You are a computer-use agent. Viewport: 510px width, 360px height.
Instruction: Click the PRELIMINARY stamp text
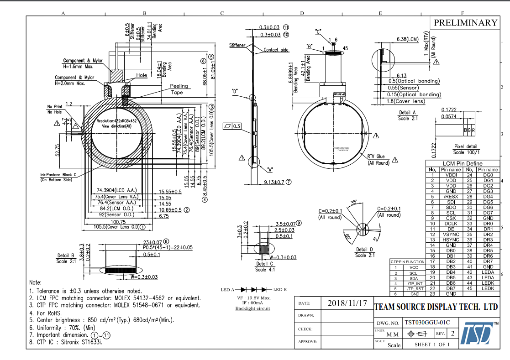[465, 23]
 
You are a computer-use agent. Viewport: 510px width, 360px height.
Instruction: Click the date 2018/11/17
[347, 303]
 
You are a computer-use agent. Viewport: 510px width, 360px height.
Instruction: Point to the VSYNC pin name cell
[451, 234]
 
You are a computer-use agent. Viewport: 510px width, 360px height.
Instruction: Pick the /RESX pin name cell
[451, 197]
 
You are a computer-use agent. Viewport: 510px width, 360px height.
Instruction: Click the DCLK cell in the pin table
[451, 223]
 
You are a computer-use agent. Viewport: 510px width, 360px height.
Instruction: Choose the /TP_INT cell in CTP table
[413, 283]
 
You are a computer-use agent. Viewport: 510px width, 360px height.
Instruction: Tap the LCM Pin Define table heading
[463, 163]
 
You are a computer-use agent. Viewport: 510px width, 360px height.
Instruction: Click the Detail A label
[407, 112]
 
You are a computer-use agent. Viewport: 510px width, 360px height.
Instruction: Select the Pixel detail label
[465, 146]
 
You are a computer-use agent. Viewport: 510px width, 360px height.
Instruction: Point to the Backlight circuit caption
[252, 308]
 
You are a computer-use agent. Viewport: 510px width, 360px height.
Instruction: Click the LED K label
[280, 289]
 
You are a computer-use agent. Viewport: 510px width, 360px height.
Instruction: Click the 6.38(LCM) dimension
[408, 40]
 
